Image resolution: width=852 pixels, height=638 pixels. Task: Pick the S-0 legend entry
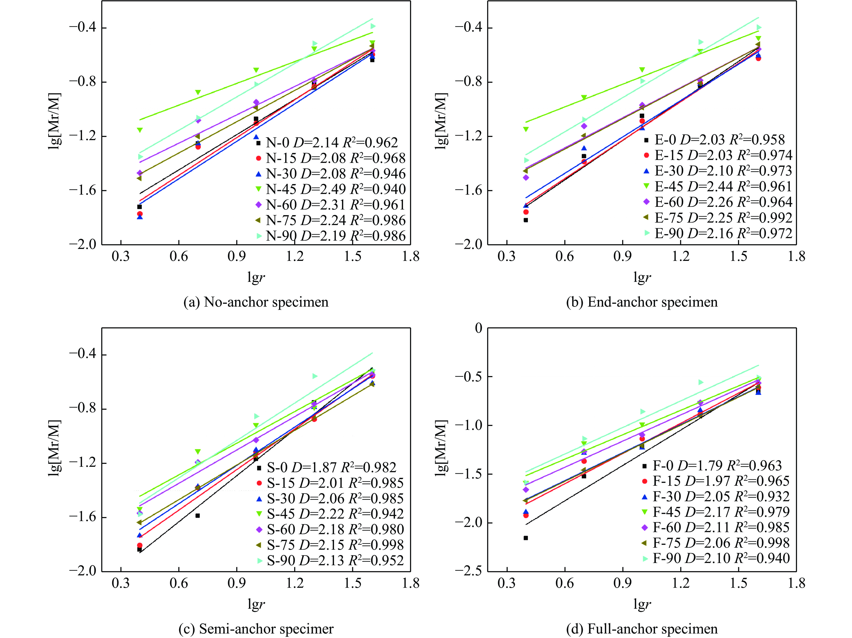327,467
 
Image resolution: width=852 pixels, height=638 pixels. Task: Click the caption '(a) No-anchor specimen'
256,302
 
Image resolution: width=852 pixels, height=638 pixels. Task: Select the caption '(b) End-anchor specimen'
642,302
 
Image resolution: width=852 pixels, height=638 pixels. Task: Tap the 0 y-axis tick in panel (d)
478,328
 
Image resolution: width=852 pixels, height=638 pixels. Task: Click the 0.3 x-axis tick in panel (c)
121,583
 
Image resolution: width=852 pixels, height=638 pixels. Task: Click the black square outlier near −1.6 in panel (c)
198,516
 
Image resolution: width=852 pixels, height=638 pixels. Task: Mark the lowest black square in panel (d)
526,538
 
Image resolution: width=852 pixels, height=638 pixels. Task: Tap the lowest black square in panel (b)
526,220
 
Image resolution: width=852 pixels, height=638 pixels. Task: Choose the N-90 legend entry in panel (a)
331,236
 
